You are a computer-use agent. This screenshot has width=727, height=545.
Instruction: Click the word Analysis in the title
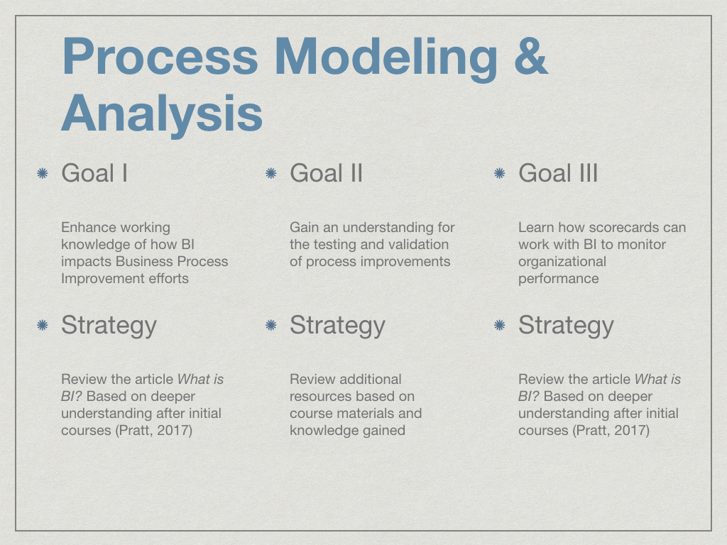tap(163, 114)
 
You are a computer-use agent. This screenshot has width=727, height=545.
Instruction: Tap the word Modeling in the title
tap(386, 60)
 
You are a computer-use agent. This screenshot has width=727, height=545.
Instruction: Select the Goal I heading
tap(94, 173)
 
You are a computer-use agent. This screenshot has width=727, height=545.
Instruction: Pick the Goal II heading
tap(326, 173)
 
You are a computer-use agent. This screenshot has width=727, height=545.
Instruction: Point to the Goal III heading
tap(558, 173)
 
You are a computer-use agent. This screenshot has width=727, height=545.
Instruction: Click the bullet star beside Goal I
tap(42, 173)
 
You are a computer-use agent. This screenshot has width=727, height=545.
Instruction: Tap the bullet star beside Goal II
tap(270, 173)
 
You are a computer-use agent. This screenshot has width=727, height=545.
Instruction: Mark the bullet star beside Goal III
tap(499, 173)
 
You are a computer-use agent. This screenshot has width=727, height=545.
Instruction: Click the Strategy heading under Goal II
tap(337, 325)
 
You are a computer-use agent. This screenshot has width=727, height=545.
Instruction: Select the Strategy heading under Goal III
tap(566, 325)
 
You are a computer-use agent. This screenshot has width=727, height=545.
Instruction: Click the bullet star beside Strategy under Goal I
tap(42, 325)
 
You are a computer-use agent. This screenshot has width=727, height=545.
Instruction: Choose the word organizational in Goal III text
tap(562, 262)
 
